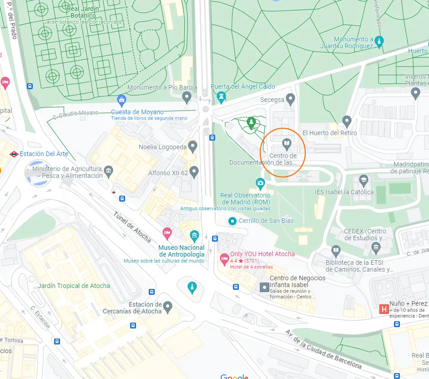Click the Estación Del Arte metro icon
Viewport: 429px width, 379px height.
(14, 154)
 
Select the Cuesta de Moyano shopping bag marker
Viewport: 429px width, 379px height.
(121, 100)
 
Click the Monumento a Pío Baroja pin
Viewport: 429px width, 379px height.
(187, 96)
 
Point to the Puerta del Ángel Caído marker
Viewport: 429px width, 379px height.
(221, 96)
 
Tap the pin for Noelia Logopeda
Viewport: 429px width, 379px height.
(193, 147)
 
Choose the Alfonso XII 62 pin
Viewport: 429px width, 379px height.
(194, 172)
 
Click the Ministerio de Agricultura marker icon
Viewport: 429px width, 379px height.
(108, 172)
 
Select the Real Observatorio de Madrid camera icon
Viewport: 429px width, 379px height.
(260, 184)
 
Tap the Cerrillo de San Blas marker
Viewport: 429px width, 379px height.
(232, 221)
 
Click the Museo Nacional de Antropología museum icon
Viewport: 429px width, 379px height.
(195, 236)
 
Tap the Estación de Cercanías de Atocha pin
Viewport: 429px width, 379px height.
(168, 306)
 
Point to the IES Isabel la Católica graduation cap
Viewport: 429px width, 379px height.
(363, 181)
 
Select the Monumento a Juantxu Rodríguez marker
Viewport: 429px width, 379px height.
(379, 42)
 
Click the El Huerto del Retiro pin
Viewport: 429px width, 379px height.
(347, 121)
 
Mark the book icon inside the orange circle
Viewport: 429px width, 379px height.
(286, 144)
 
